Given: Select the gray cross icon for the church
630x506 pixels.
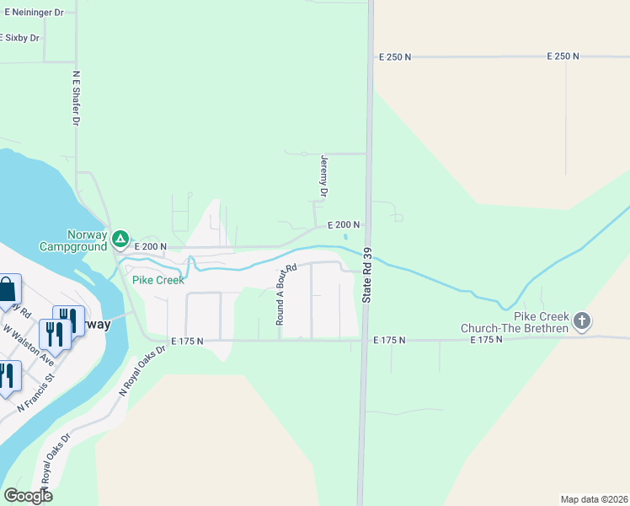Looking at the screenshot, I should pyautogui.click(x=582, y=320).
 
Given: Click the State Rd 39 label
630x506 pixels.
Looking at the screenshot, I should pyautogui.click(x=367, y=276).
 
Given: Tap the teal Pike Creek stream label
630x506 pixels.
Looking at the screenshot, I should pyautogui.click(x=157, y=280).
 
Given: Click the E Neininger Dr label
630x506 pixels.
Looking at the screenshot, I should pyautogui.click(x=31, y=13).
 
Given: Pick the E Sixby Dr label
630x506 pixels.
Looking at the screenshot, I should pyautogui.click(x=20, y=38).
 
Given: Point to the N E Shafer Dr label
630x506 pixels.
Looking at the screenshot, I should pyautogui.click(x=76, y=97).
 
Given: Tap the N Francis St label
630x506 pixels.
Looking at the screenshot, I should pyautogui.click(x=38, y=389).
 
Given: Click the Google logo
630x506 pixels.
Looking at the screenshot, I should pyautogui.click(x=28, y=495).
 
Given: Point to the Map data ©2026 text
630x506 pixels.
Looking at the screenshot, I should pyautogui.click(x=594, y=498).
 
